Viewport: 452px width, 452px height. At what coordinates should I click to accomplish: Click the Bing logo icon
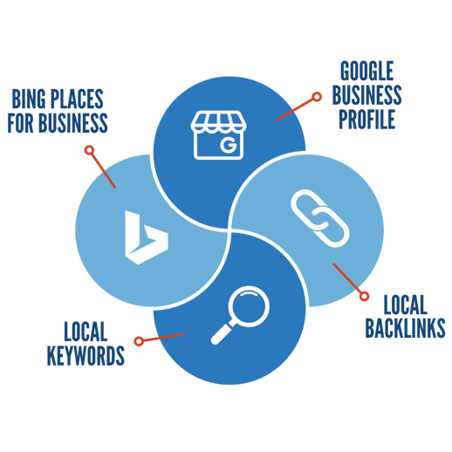point(144,237)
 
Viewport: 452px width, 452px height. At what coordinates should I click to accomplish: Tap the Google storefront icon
point(220,134)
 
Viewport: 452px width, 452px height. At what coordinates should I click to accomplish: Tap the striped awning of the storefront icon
point(220,121)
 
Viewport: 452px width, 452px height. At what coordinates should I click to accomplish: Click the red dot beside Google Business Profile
point(317,95)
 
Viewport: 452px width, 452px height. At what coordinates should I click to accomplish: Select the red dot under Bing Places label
point(89,150)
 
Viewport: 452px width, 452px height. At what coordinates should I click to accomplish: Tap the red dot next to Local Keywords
point(138,340)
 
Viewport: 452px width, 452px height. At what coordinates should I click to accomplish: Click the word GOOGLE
point(366,70)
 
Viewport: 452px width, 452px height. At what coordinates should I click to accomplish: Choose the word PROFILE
point(366,119)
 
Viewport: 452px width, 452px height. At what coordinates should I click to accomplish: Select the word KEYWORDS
point(85,355)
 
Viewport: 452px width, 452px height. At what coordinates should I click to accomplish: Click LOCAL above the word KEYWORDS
point(85,331)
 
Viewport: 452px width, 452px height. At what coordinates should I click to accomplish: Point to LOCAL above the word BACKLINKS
point(405,303)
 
